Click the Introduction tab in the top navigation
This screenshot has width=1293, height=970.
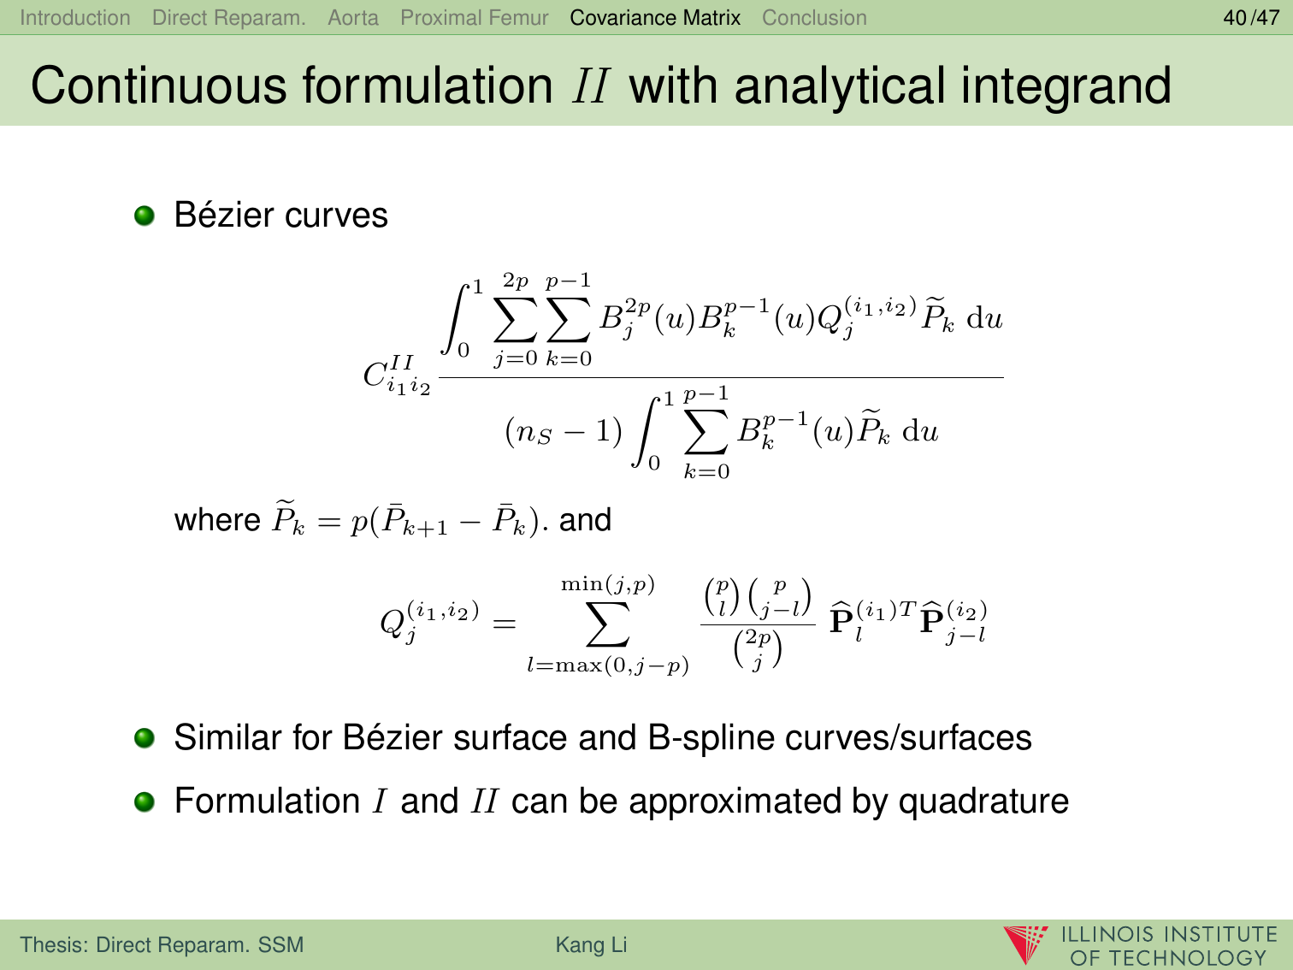coord(75,18)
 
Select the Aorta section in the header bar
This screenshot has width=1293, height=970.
coord(353,18)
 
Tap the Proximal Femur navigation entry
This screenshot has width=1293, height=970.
coord(475,18)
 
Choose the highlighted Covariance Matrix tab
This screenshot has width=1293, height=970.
coord(655,18)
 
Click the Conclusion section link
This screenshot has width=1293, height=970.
coord(814,18)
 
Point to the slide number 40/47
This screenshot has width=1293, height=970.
coord(1251,18)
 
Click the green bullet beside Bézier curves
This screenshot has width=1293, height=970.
coord(145,216)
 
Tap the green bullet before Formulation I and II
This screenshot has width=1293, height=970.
coord(145,801)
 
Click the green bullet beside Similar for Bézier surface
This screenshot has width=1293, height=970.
coord(145,738)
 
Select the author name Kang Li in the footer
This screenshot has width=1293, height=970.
coord(591,944)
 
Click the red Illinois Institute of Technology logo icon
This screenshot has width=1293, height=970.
coord(1025,944)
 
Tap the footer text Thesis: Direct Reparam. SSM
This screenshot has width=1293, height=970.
coord(162,944)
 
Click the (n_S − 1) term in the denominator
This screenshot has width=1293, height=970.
coord(564,432)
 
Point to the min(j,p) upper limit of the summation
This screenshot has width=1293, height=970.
coord(607,584)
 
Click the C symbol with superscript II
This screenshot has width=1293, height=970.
coord(397,375)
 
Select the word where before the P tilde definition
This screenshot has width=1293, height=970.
coord(216,520)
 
